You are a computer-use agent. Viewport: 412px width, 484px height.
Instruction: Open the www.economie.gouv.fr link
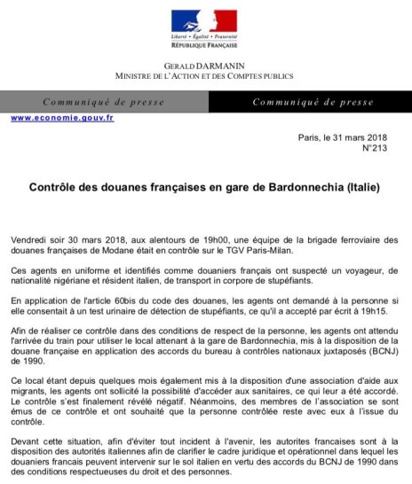[62, 118]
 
